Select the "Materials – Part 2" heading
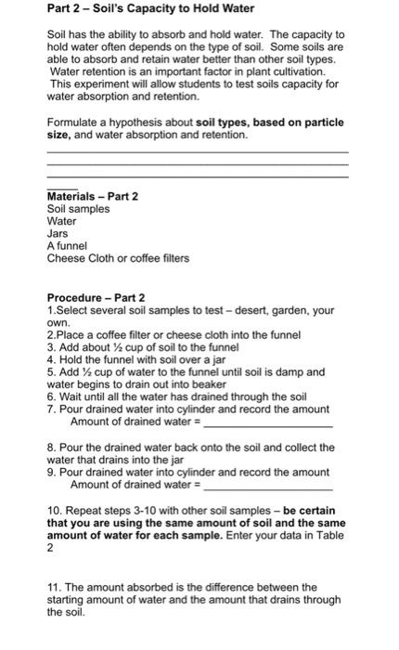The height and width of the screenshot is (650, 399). (x=92, y=196)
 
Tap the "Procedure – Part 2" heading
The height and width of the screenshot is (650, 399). (x=96, y=298)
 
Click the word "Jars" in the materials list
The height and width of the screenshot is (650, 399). (x=58, y=233)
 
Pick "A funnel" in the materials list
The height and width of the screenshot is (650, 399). (x=67, y=245)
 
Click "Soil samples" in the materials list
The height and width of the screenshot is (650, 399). (x=78, y=209)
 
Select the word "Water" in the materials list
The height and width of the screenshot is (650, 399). (x=61, y=221)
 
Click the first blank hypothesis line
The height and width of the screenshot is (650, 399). (x=197, y=150)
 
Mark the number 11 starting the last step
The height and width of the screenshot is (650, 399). (x=53, y=587)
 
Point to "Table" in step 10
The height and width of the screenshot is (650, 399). (x=328, y=536)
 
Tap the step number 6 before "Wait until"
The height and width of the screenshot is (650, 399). (x=50, y=396)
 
